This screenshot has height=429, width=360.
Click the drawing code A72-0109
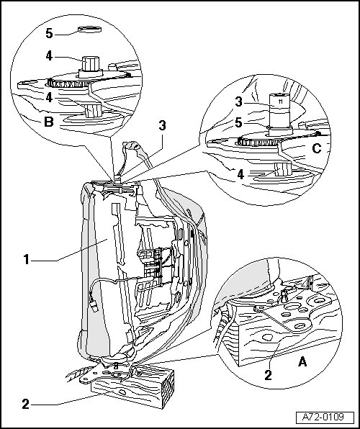tap(323, 417)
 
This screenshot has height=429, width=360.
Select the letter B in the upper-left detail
tap(49, 122)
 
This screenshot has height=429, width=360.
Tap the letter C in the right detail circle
tap(317, 148)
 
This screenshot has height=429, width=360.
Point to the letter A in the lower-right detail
tap(302, 361)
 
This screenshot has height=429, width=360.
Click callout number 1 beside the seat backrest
tap(27, 259)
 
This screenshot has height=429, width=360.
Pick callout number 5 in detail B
tap(49, 33)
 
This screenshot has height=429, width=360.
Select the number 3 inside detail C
tap(239, 102)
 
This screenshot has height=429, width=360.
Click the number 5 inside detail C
tap(239, 122)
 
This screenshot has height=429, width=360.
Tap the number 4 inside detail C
tap(240, 174)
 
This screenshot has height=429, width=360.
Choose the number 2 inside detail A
tap(268, 375)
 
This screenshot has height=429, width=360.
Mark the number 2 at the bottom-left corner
tap(25, 404)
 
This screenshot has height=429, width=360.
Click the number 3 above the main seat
tap(162, 125)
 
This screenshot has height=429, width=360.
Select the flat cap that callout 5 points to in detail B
tap(89, 30)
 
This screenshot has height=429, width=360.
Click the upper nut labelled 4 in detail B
tap(91, 64)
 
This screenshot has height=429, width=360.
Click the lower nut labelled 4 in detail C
tap(283, 169)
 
